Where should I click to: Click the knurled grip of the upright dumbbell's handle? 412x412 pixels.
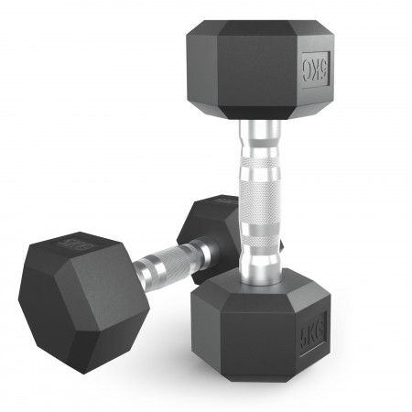(x=255, y=193)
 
